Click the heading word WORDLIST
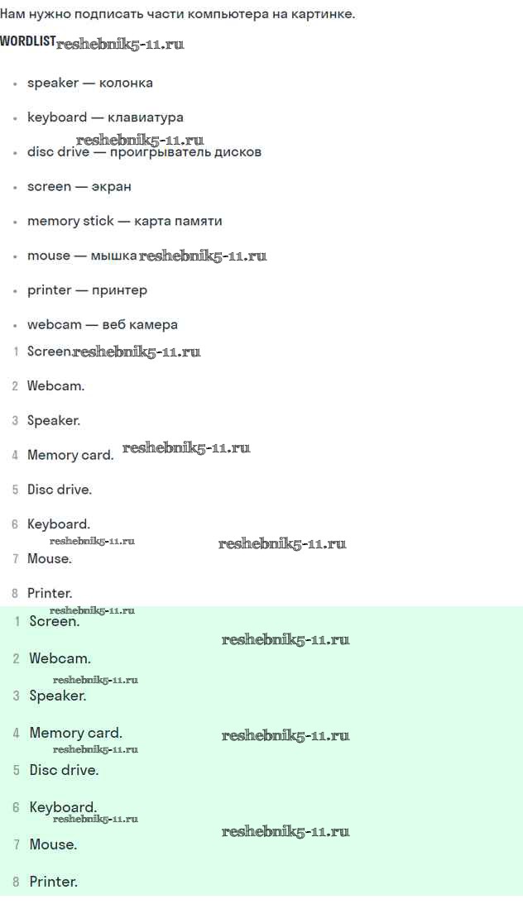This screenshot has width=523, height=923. point(28,42)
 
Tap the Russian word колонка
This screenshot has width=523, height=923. point(126,83)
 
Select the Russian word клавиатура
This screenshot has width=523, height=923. point(146,117)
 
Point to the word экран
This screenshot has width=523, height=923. point(112,187)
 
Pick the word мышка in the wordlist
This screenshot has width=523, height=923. point(113,256)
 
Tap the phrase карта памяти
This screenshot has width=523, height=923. point(179,222)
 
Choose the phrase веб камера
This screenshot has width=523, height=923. point(140,325)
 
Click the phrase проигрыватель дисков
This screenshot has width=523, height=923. point(185,152)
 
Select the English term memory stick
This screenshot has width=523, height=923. point(70,222)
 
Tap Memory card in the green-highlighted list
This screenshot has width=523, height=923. point(76,734)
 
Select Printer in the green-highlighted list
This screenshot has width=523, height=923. point(54,882)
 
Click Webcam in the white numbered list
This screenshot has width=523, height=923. point(56,386)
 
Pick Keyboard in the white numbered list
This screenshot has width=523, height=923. point(59,524)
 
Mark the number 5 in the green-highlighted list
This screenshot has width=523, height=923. point(16,771)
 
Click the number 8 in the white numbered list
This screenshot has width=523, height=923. point(16,593)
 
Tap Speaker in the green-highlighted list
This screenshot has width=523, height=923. point(58,696)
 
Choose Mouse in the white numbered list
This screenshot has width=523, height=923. point(50,559)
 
